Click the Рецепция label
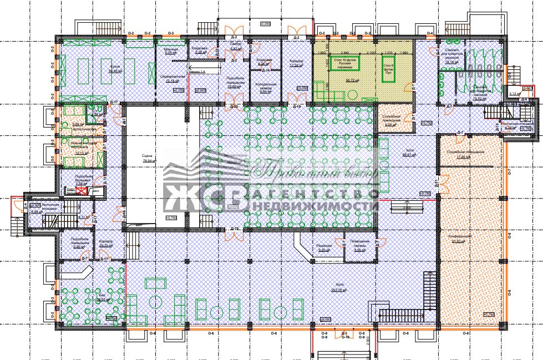324,245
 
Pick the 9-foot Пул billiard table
388,70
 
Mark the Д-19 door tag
297,106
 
